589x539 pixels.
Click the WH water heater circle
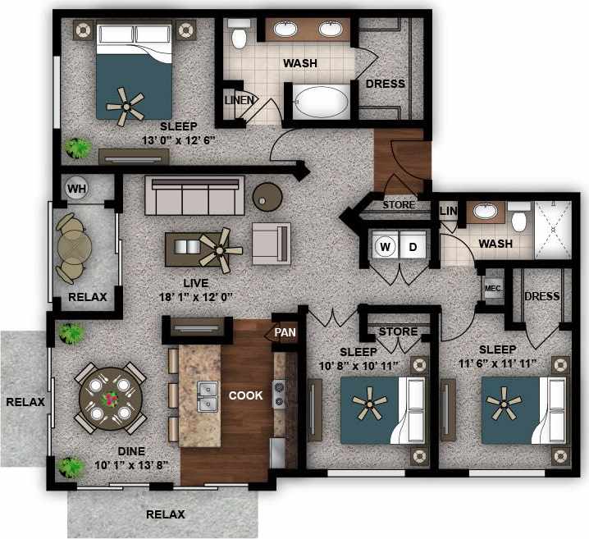coord(76,188)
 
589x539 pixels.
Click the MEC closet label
coord(493,288)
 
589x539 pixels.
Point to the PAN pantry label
coord(285,331)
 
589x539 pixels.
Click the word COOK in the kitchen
coord(245,395)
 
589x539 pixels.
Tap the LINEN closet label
coord(240,100)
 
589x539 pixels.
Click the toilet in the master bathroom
coord(240,34)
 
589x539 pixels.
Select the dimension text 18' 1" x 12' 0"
coord(198,297)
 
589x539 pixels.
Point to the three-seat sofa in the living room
coord(194,194)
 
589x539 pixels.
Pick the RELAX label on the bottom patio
coord(165,514)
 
